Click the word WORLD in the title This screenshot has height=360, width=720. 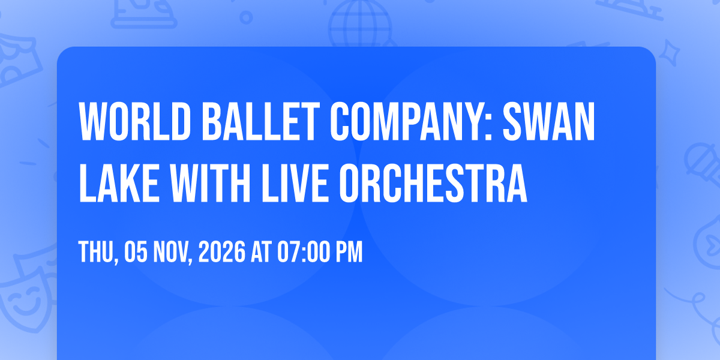135,121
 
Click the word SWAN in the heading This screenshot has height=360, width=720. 549,121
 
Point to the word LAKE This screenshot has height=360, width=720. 119,183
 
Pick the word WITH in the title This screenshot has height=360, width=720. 210,183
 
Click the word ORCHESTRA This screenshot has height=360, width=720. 433,183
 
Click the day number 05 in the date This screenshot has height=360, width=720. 136,252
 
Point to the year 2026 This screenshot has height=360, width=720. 222,252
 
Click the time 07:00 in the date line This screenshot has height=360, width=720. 304,252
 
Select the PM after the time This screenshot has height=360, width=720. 349,252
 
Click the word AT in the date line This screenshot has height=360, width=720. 262,252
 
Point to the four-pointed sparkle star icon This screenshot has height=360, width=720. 670,53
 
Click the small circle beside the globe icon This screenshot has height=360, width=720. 246,17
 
